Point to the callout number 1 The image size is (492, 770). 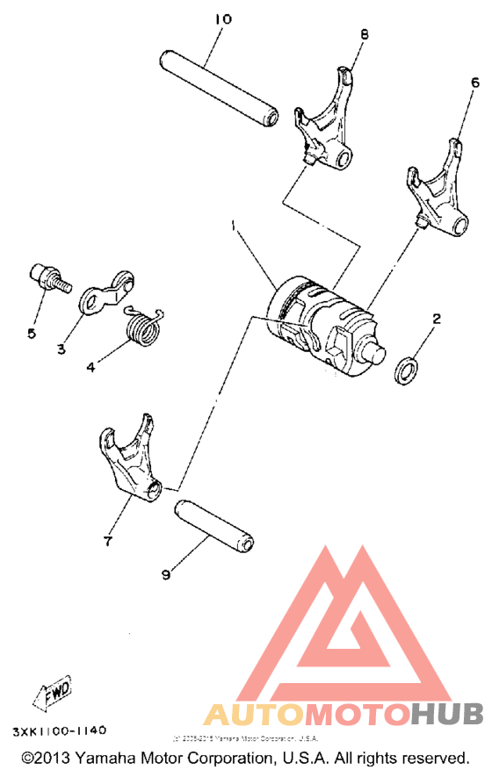pyautogui.click(x=232, y=227)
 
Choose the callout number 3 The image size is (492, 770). pyautogui.click(x=62, y=349)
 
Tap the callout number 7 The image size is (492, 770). pyautogui.click(x=107, y=542)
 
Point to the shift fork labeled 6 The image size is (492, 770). pyautogui.click(x=438, y=195)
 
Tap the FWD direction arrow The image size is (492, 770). pyautogui.click(x=55, y=688)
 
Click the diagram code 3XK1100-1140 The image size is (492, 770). pyautogui.click(x=60, y=729)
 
